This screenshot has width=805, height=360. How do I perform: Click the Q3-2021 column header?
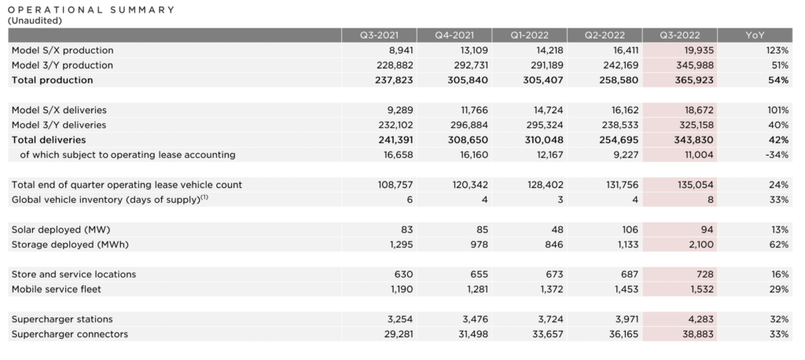pos(380,35)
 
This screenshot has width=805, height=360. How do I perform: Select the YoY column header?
pos(755,35)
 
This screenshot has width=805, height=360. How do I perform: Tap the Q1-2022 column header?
pos(529,35)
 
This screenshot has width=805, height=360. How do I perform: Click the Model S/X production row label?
pos(63,50)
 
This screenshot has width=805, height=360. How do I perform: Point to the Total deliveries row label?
pos(49,140)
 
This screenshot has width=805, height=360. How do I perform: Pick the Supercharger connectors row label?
pos(70,334)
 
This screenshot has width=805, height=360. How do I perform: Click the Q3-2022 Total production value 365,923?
pos(694,80)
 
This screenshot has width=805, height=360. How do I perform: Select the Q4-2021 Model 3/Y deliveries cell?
pos(468,125)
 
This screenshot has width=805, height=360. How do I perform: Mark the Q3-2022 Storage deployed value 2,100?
pos(700,244)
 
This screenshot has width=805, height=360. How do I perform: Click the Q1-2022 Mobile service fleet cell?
pos(550,289)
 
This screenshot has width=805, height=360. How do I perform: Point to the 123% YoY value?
pos(777,50)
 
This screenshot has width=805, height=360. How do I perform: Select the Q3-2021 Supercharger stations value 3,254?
pos(399,319)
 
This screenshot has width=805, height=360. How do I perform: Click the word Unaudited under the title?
pos(35,20)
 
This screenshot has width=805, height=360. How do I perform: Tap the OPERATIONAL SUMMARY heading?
pos(91,9)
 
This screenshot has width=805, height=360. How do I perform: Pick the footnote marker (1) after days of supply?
pos(204,197)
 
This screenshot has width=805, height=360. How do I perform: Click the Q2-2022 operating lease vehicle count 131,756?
pos(623,185)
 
